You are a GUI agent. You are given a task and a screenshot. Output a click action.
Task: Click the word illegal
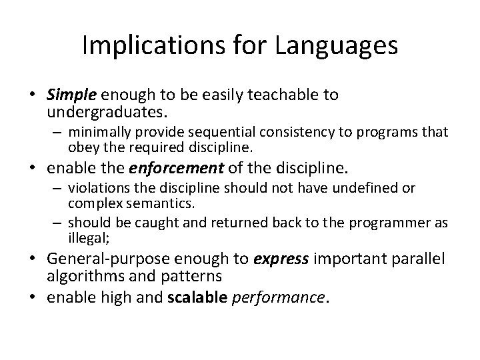[x=85, y=236]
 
